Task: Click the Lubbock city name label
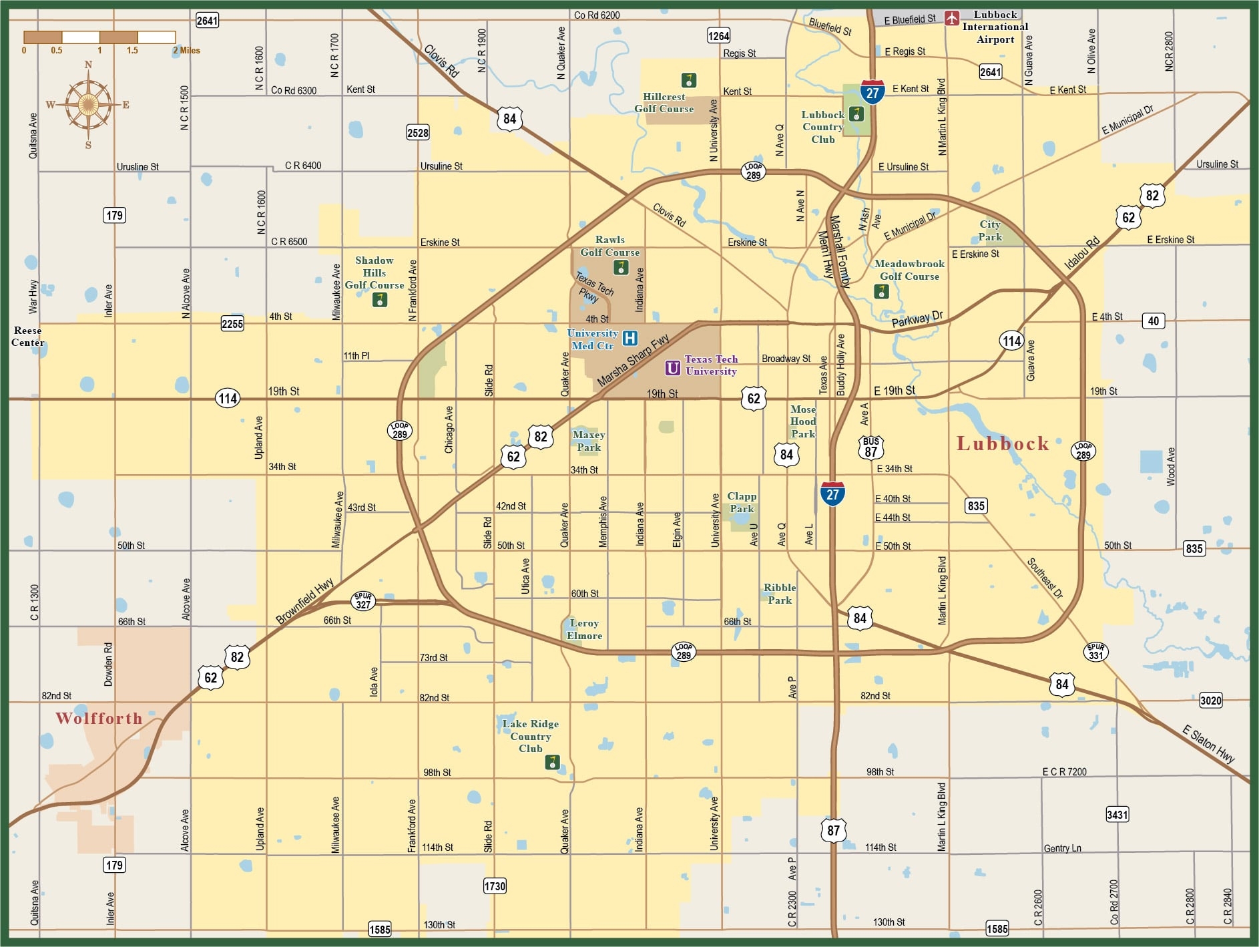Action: coord(1003,444)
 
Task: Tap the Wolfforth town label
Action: coord(99,719)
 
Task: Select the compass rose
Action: coord(88,104)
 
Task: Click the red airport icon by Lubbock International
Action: coord(952,18)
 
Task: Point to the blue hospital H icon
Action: coord(629,339)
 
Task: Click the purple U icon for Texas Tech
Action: coord(672,368)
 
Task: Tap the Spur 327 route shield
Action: coord(363,600)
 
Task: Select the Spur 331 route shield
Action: coord(1096,652)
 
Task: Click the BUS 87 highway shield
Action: coord(870,447)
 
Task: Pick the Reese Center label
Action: coord(27,337)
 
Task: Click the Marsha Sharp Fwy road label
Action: coord(632,361)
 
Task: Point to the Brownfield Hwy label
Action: coord(304,601)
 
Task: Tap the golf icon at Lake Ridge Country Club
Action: coord(551,762)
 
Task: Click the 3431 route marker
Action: coord(1117,814)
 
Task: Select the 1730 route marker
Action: coord(495,886)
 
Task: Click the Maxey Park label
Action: coord(588,441)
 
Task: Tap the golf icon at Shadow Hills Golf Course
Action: coord(379,301)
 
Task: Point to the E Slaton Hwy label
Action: coord(1208,744)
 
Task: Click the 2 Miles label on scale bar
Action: coord(186,51)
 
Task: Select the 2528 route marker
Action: coord(417,133)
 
